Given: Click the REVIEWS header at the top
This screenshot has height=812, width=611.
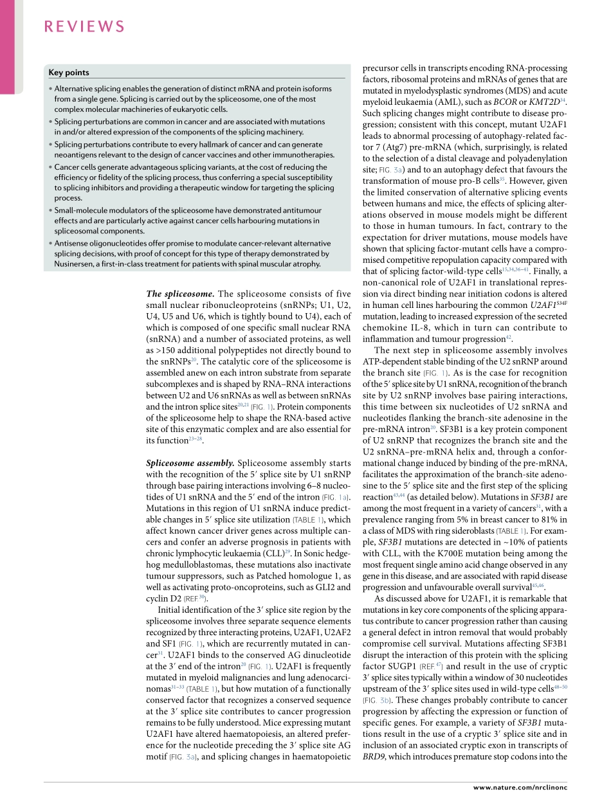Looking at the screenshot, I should [x=84, y=26].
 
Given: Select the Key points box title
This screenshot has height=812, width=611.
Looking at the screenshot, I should [x=69, y=73].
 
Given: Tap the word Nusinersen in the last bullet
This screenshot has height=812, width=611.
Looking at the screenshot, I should [x=74, y=264].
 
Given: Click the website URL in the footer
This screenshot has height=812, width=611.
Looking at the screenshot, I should [x=520, y=788].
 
